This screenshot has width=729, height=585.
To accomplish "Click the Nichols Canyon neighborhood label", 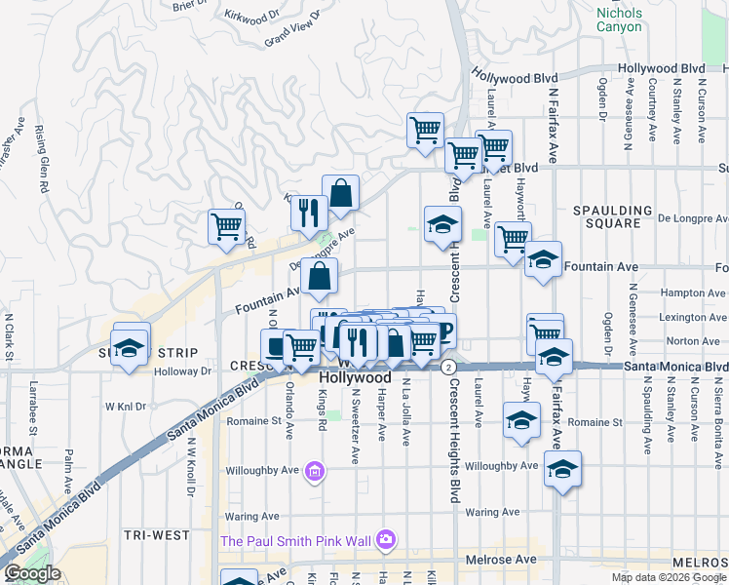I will [620, 19].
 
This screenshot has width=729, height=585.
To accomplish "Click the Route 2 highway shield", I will [447, 367].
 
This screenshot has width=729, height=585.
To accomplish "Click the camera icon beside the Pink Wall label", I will [387, 539].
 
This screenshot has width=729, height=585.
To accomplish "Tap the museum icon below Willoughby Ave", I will [314, 473].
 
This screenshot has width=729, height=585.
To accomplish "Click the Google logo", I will [31, 573].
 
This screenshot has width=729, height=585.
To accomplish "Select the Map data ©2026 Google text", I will [668, 577].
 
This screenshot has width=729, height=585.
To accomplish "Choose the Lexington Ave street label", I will [693, 317].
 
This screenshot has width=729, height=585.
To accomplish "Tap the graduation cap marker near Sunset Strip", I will [128, 347].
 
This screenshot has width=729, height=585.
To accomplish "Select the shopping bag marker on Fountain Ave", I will [320, 279].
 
